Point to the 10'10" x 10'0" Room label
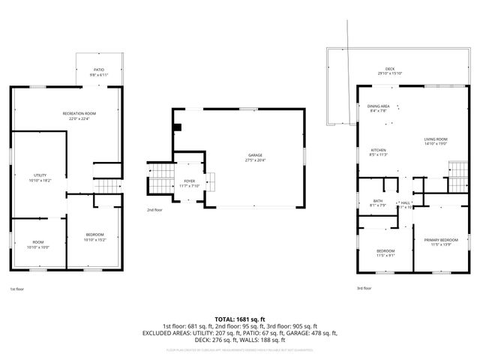[x=37, y=244]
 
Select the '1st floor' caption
[x=16, y=289]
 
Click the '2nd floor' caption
[x=154, y=210]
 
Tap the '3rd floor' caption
[x=364, y=288]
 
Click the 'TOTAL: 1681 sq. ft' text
[x=239, y=319]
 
